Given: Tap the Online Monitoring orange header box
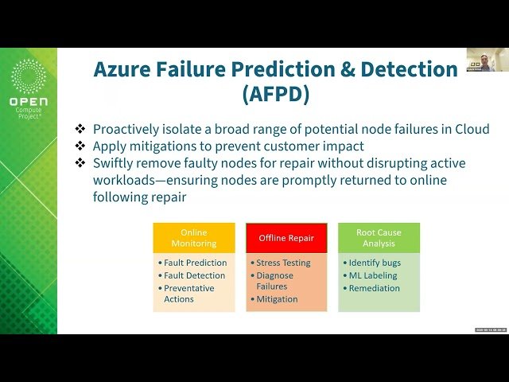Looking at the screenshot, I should [x=193, y=238].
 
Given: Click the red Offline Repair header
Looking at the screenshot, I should [x=286, y=238].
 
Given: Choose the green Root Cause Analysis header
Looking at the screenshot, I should [x=379, y=238].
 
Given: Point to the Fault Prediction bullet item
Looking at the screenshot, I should [x=195, y=263].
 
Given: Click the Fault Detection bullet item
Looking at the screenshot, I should [x=194, y=275].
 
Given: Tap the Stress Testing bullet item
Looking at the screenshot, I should [x=283, y=263].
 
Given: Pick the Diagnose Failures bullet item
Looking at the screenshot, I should [x=275, y=280].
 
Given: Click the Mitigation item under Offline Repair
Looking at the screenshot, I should [x=277, y=299].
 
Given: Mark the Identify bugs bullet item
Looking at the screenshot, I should [x=375, y=263].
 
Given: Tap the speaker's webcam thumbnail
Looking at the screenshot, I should [x=488, y=60].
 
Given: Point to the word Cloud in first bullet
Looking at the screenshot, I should [x=470, y=129].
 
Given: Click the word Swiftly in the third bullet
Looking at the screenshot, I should [x=116, y=163].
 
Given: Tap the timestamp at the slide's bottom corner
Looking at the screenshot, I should [x=491, y=329].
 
